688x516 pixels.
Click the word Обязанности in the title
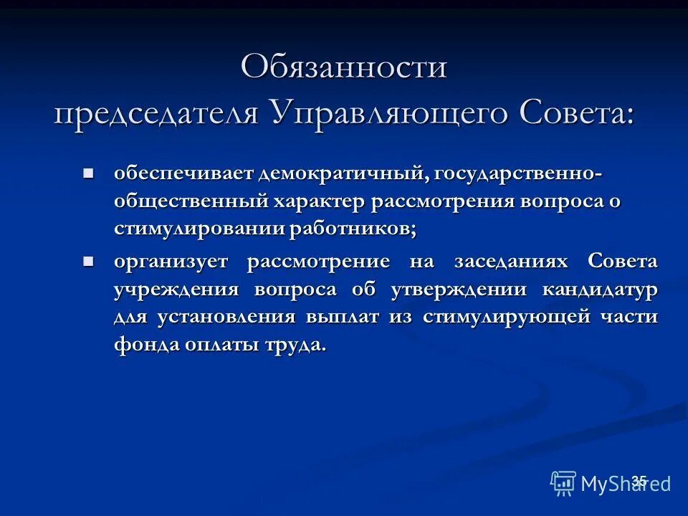click(344, 68)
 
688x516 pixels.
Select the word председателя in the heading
click(157, 113)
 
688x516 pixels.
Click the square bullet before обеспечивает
click(89, 173)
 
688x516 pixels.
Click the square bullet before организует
click(89, 262)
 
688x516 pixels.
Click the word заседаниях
click(510, 262)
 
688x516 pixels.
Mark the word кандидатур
click(603, 290)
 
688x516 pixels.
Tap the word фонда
click(146, 345)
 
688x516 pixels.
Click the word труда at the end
click(297, 345)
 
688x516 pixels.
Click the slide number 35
click(639, 481)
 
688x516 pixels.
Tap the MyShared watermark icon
click(563, 483)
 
